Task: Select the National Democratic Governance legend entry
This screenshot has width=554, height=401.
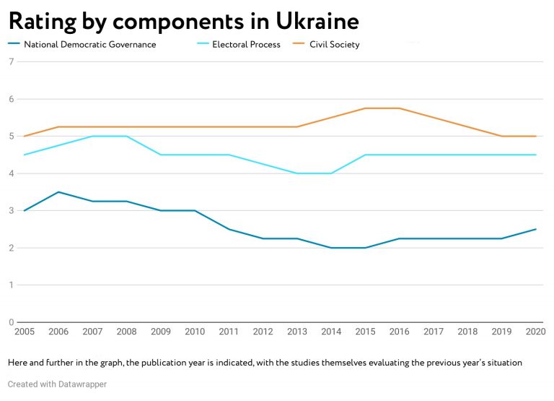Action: coord(89,45)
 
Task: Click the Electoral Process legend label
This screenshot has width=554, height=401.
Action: coord(245,45)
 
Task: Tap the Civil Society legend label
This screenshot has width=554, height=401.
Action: coord(334,45)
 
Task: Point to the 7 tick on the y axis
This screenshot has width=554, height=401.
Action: coord(11,61)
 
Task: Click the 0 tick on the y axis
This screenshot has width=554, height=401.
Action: coord(11,322)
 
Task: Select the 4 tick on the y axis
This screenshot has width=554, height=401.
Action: coord(11,173)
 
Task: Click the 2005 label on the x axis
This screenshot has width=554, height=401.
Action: coord(24,332)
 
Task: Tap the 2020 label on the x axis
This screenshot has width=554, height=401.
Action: coord(535,332)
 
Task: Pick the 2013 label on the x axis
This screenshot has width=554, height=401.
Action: coord(297,332)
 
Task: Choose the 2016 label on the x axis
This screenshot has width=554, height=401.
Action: coord(399,332)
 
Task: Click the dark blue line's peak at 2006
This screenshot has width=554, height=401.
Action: coord(58,192)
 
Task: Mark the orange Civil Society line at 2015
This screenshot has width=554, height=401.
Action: coord(365,108)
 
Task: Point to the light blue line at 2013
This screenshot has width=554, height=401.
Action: coord(297,173)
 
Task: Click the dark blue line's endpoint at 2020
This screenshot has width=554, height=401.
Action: coord(535,229)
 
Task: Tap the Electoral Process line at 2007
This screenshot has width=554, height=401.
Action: coord(92,136)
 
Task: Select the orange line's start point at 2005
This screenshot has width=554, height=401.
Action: coord(24,136)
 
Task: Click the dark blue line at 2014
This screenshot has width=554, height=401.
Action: coord(331,248)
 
